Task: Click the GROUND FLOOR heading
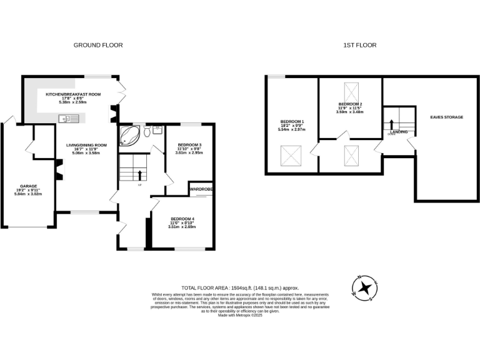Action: (98, 45)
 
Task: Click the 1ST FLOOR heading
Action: (360, 45)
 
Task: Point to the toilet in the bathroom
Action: (146, 132)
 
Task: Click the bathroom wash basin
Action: (156, 130)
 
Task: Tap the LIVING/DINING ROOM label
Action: (87, 146)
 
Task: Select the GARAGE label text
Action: (29, 186)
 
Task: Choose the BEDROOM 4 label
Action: (182, 218)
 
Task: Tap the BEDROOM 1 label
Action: (292, 121)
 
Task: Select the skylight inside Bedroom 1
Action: (291, 153)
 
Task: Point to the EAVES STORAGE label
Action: (446, 117)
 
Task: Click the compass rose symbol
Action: (364, 287)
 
